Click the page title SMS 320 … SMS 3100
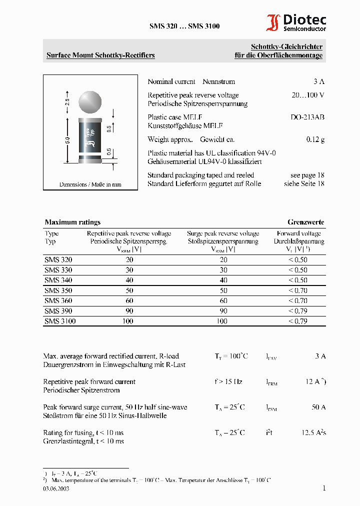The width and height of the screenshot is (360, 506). point(184,26)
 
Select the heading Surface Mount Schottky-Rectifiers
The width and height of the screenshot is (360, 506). point(100,55)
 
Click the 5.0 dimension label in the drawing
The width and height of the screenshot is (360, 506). point(67,141)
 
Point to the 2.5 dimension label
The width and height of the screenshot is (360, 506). point(67,101)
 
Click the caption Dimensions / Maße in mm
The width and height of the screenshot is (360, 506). point(90,184)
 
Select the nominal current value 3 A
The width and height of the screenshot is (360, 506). point(318,81)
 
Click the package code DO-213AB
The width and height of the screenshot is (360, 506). point(307,117)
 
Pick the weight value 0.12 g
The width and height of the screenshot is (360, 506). point(315,139)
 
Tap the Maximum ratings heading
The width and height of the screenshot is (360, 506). point(72,222)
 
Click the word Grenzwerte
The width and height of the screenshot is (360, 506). point(305,222)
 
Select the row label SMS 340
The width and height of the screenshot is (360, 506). point(58,280)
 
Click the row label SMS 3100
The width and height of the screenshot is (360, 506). point(60,321)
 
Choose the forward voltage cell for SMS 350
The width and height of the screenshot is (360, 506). point(298,290)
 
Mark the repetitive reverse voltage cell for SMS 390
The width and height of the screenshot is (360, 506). point(129,311)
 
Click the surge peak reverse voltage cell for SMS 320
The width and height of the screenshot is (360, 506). point(223,260)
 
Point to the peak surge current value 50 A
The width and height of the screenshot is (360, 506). point(318,407)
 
